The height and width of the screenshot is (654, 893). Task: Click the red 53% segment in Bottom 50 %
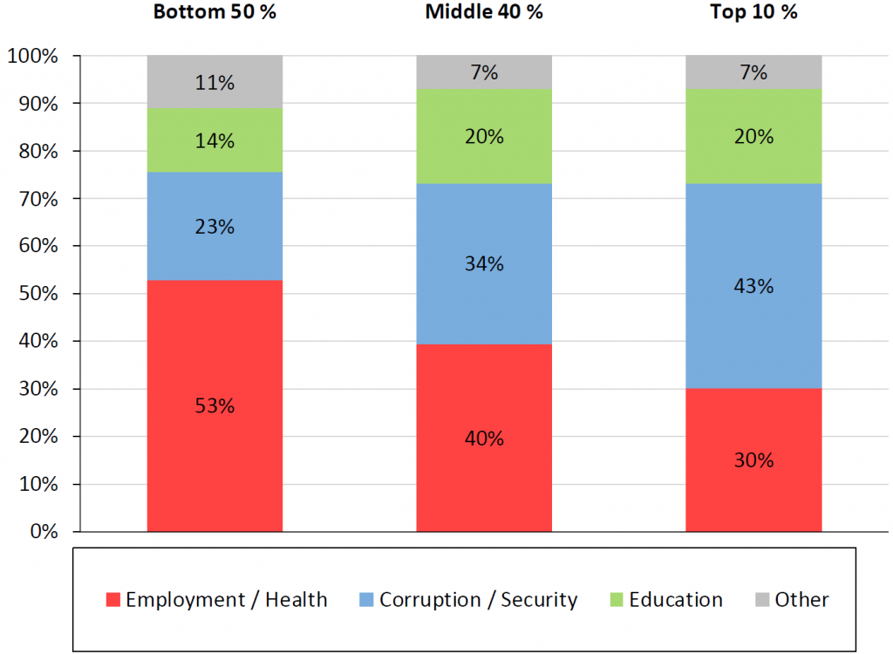point(215,405)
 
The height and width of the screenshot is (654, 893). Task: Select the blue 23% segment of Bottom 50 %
point(215,226)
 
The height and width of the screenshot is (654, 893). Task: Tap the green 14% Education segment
point(215,140)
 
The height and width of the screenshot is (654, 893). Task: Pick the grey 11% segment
point(215,82)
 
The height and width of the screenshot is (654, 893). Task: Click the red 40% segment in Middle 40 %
point(484,438)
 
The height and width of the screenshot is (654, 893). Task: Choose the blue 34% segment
point(484,263)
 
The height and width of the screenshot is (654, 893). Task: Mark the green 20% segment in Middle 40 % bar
point(484,136)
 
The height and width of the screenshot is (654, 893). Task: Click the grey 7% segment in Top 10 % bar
point(753,72)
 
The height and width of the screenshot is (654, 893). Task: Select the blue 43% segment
point(753,286)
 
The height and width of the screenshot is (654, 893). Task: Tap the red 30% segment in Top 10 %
point(753,460)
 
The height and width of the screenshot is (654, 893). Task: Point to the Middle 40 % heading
point(484,12)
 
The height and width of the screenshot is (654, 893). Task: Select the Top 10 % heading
point(753,12)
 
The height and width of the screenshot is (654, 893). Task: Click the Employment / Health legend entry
point(216,600)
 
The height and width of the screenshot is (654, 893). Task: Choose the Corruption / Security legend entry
point(467,600)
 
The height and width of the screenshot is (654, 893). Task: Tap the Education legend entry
point(665,600)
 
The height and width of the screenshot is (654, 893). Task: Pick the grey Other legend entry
point(790,600)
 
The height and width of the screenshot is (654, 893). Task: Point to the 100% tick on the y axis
point(32,57)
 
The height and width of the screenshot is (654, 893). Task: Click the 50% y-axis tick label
point(36,294)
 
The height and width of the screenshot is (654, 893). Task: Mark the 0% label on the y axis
point(43,531)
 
